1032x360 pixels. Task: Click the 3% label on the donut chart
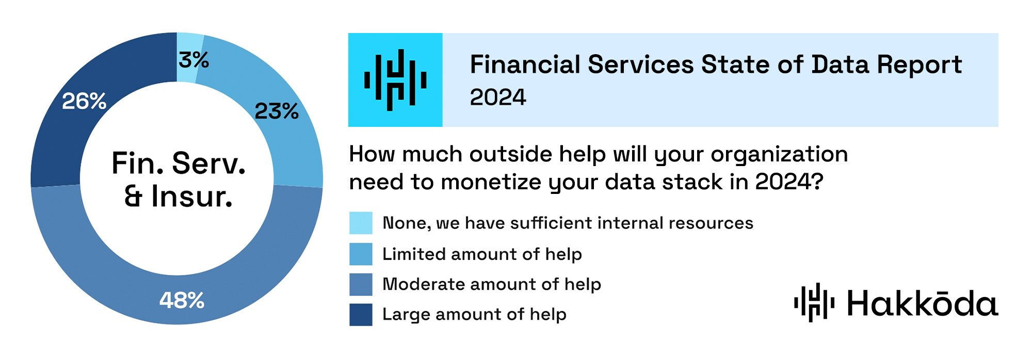tap(193, 60)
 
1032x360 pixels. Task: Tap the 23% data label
tap(277, 111)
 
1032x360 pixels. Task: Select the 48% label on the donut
tap(182, 300)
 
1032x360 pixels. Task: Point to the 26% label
tap(84, 101)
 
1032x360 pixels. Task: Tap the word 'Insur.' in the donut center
tap(192, 197)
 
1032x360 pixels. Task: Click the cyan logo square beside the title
tap(395, 80)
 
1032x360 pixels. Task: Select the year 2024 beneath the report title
tap(498, 97)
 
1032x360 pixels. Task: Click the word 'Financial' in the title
tap(525, 65)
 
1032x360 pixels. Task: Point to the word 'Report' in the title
tap(920, 65)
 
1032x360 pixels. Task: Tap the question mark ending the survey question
tap(817, 182)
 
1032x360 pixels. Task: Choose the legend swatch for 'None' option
tap(361, 223)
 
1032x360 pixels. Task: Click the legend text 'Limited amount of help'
tap(482, 254)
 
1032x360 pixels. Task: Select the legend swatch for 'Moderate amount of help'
tap(361, 284)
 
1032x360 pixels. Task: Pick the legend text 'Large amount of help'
tap(474, 315)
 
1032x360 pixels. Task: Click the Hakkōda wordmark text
tap(923, 303)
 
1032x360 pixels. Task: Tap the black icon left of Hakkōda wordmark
tap(814, 302)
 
